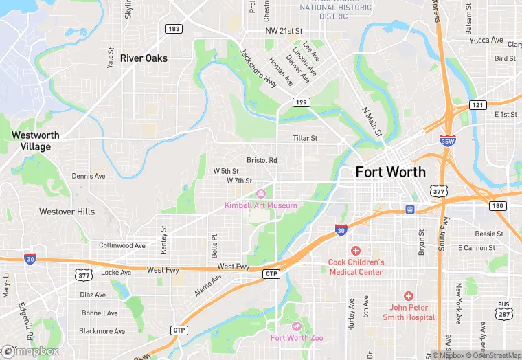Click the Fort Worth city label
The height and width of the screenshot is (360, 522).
point(390,172)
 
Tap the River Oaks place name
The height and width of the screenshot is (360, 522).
point(144,58)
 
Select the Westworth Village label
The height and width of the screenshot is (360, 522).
point(35,141)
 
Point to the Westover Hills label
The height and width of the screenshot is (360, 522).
point(67,212)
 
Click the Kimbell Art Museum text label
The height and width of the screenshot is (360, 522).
point(261,205)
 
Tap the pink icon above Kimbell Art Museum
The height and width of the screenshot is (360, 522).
point(260,194)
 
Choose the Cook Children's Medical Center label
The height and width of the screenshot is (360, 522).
point(356,267)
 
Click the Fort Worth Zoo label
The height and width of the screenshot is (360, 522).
point(297,337)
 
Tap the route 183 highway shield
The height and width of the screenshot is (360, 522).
point(173,29)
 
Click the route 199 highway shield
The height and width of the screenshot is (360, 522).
point(300,102)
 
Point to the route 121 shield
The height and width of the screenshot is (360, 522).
point(478,104)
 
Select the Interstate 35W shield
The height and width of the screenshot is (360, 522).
point(447,140)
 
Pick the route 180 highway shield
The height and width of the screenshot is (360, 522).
point(498,206)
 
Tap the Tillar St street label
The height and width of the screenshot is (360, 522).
point(305,138)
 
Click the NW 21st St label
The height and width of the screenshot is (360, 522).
point(284,32)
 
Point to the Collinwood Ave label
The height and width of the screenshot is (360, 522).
point(122,245)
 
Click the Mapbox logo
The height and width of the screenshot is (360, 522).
point(31,351)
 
